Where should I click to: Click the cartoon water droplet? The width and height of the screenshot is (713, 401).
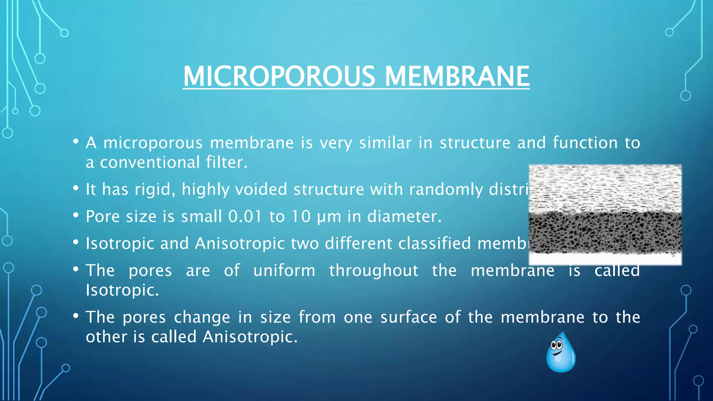pyautogui.click(x=561, y=353)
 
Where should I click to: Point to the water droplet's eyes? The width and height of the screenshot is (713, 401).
pyautogui.click(x=556, y=345)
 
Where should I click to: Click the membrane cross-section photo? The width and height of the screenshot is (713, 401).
pyautogui.click(x=605, y=214)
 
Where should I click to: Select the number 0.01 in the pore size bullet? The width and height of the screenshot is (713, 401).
pyautogui.click(x=245, y=217)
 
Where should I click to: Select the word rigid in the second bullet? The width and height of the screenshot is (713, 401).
pyautogui.click(x=152, y=190)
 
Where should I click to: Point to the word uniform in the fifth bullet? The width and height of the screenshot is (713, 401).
pyautogui.click(x=284, y=270)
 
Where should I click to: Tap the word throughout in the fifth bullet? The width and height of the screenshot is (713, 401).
pyautogui.click(x=374, y=270)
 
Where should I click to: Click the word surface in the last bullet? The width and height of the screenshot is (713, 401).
pyautogui.click(x=408, y=317)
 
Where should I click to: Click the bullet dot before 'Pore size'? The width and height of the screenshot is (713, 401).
pyautogui.click(x=76, y=215)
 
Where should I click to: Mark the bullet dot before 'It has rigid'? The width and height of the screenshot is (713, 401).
pyautogui.click(x=76, y=188)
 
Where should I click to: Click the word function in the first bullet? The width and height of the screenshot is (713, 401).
pyautogui.click(x=585, y=143)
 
